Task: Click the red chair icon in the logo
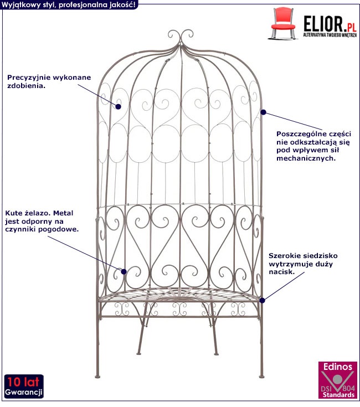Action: click(x=282, y=23)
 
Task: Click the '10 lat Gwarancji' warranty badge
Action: click(x=24, y=387)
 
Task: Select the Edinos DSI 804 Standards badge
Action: click(x=337, y=380)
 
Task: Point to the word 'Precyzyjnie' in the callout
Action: click(x=28, y=78)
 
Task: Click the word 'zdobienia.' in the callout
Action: click(x=26, y=86)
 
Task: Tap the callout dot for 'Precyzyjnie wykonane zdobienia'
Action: click(x=118, y=106)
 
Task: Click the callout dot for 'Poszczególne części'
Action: click(x=263, y=112)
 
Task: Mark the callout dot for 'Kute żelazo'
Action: click(x=124, y=271)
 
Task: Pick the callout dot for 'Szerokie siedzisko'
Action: click(x=263, y=300)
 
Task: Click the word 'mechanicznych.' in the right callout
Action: click(x=306, y=158)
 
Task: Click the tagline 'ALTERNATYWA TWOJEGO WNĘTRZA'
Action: click(x=330, y=35)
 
